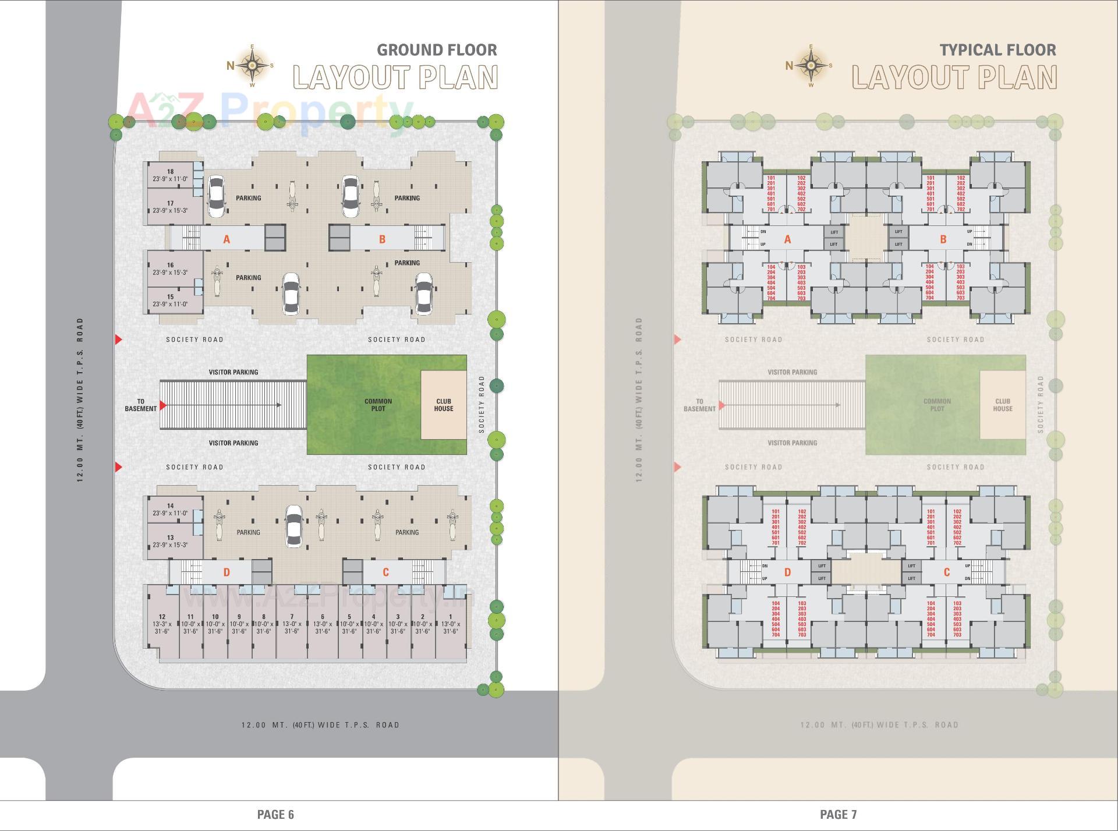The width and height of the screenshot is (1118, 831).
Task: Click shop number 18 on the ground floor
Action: coord(170,175)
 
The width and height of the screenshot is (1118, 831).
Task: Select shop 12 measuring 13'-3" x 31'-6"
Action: coord(162,624)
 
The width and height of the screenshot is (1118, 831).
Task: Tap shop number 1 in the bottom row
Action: coord(450,624)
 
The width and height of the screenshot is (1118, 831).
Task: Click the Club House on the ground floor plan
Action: coord(443,405)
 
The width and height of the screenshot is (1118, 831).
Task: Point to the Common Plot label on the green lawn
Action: coord(378,405)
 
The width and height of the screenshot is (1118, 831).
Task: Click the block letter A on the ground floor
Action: coord(227,239)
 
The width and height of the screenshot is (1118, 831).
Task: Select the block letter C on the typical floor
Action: coord(946,572)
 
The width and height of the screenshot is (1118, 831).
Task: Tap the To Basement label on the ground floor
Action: coord(140,405)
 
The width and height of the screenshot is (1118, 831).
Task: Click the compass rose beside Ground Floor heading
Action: coord(252,65)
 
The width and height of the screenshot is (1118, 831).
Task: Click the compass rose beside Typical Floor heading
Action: coord(811,65)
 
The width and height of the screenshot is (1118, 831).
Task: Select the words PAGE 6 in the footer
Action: coord(275,814)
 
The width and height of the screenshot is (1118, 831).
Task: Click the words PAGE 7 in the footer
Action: coord(838,814)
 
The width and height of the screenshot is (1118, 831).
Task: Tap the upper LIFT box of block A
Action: coord(834,232)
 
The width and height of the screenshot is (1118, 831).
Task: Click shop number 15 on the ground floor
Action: coord(170,300)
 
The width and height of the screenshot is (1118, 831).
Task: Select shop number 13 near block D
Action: coord(170,541)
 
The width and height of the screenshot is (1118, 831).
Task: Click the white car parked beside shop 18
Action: coord(215,196)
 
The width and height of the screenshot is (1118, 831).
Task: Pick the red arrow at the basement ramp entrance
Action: coord(163,405)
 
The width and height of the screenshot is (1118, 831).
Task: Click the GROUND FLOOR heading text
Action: coord(437,50)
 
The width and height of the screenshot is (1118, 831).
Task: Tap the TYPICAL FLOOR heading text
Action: coord(997,50)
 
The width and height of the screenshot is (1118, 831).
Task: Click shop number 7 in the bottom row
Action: coord(292,624)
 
